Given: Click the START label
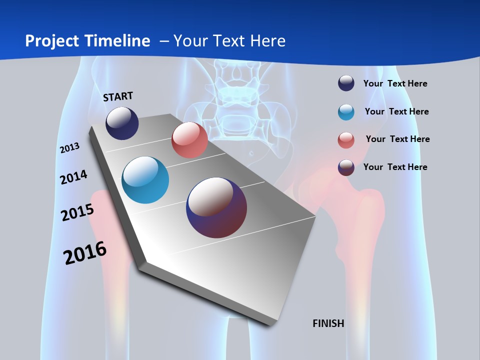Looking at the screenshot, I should (x=118, y=96).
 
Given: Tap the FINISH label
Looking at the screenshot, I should (x=328, y=323).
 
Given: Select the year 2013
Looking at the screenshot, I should (x=70, y=148).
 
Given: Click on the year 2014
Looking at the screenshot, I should (x=73, y=177).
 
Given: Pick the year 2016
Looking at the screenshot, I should (x=85, y=253).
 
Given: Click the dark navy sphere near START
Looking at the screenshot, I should (x=122, y=123).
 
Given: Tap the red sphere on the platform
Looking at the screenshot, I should (x=189, y=140).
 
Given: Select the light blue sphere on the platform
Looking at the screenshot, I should (x=145, y=180).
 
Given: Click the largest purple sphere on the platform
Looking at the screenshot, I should (x=216, y=207).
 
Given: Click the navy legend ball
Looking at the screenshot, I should (x=346, y=83).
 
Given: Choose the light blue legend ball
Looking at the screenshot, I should (x=346, y=112).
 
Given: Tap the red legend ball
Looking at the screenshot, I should (x=346, y=140).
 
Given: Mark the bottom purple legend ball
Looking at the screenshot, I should (x=346, y=167).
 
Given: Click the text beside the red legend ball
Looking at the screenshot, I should (x=397, y=139).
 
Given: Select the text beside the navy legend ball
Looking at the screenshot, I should (x=395, y=83).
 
